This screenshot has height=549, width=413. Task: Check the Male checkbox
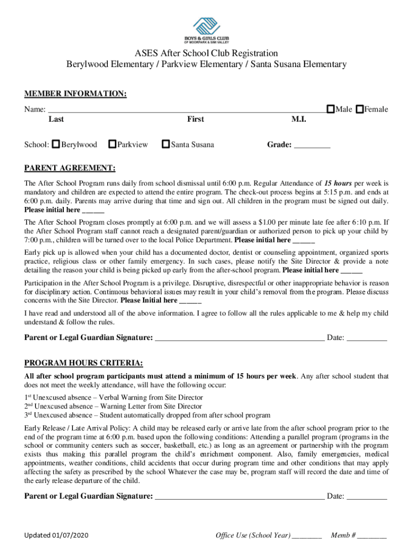(331, 109)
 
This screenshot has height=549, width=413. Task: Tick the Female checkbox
(360, 109)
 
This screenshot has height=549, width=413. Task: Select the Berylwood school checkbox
(56, 144)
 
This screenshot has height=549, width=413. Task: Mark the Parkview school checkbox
(112, 144)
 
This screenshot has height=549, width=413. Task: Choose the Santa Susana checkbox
(166, 144)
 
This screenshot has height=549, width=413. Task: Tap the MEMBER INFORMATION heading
(76, 94)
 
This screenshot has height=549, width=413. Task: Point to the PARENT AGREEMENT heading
(70, 168)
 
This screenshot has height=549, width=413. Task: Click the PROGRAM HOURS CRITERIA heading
(84, 364)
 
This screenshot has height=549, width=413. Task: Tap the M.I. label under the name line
(299, 119)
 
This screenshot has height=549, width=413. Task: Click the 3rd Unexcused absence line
(147, 415)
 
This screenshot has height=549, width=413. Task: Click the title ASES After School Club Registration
(206, 53)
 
